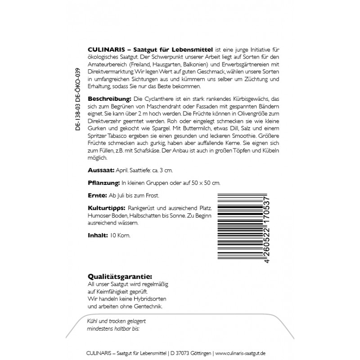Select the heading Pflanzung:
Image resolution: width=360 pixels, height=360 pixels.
103,184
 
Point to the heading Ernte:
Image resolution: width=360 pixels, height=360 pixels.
96,197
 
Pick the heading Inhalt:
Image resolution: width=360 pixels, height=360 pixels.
97,235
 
